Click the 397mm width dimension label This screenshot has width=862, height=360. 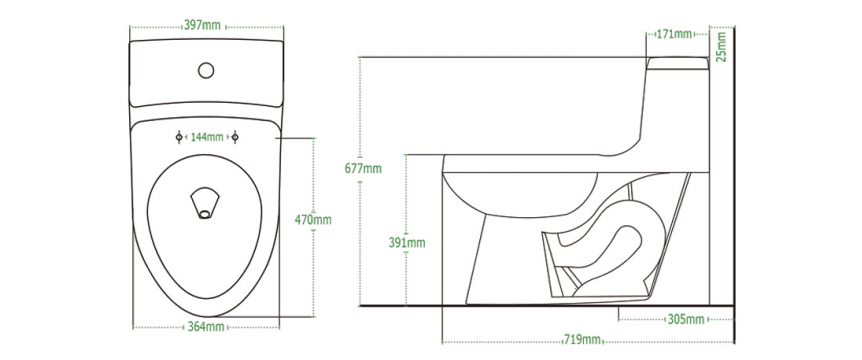[x=202, y=25]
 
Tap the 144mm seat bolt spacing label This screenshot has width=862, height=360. [x=207, y=137]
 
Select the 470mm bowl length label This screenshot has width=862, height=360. [x=313, y=220]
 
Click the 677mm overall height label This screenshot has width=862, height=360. [x=363, y=169]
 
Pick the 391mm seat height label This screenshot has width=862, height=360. [x=407, y=242]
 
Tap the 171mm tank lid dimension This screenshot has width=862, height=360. [x=675, y=34]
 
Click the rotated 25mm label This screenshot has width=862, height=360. [x=721, y=47]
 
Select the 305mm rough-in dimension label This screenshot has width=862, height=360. [x=686, y=319]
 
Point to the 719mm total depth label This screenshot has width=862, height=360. [x=582, y=340]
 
